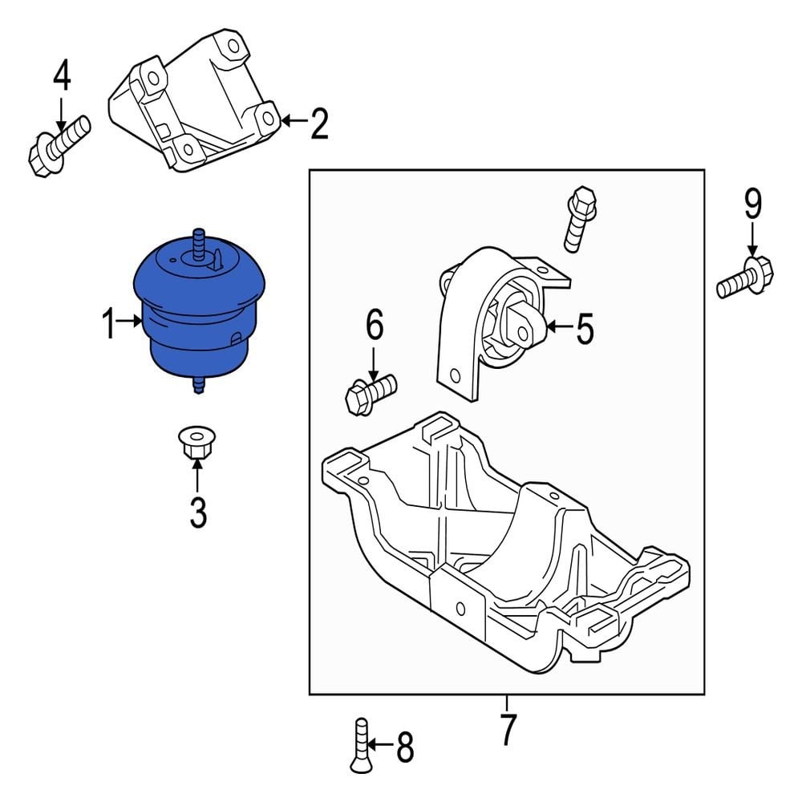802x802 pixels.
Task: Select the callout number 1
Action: [x=109, y=325]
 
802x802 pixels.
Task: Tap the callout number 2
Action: [x=318, y=124]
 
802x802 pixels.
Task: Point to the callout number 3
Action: [x=197, y=512]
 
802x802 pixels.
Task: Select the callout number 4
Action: [x=62, y=78]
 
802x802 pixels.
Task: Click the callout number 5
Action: [x=585, y=327]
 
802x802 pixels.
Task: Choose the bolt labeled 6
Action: [x=368, y=391]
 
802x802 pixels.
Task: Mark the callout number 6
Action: [x=375, y=326]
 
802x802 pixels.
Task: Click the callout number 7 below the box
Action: [x=508, y=729]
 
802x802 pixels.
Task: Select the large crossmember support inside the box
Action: [x=505, y=545]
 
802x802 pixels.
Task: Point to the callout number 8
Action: [x=405, y=748]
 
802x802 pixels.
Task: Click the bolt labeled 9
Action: [x=745, y=277]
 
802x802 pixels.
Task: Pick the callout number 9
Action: [x=752, y=205]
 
